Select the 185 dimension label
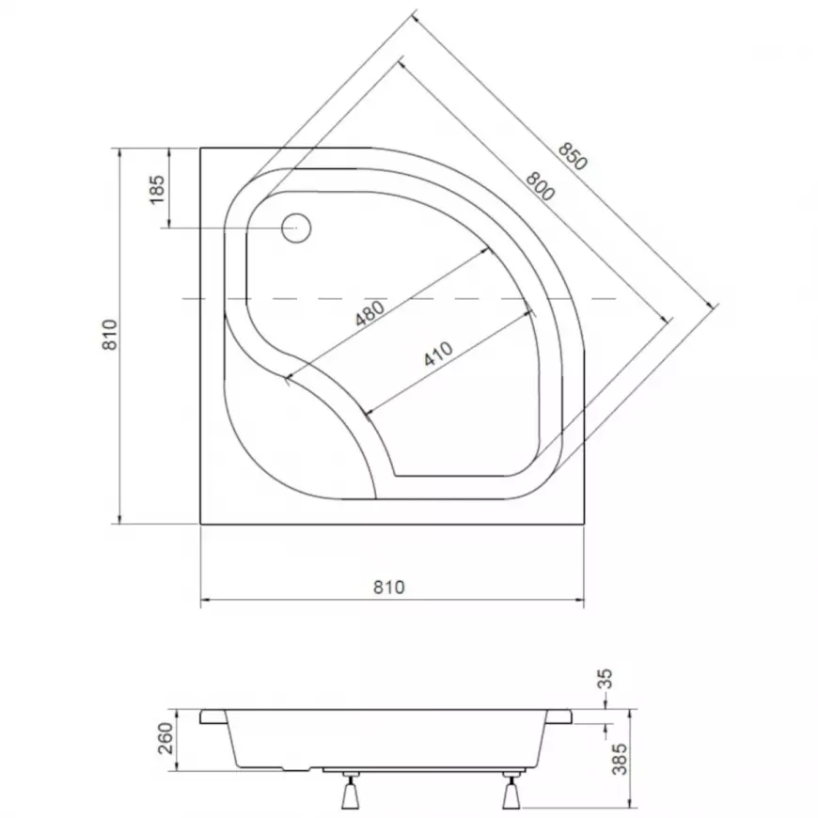(x=156, y=189)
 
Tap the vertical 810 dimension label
(x=110, y=335)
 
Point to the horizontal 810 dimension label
(x=389, y=588)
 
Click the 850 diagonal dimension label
(x=573, y=156)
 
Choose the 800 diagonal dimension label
(x=540, y=186)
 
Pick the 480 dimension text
(x=370, y=313)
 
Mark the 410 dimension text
(x=438, y=354)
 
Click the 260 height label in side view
(x=165, y=738)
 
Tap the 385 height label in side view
(x=620, y=759)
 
